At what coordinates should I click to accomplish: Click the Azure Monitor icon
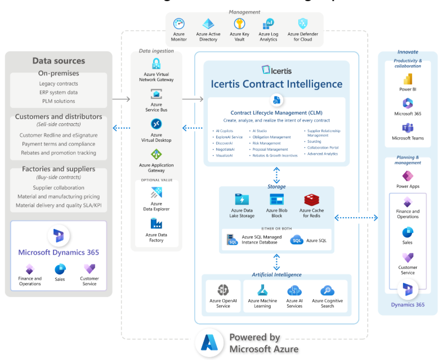coord(179,24)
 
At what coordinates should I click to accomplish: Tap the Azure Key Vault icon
coord(239,24)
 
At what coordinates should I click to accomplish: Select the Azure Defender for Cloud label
coord(302,37)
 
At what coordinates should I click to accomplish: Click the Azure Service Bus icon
coord(156,94)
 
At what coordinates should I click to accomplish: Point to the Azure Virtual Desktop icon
coord(156,124)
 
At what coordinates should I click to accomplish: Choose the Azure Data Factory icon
coord(156,223)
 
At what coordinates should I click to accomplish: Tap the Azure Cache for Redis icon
coord(312,199)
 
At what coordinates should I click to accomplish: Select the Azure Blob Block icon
coord(277,199)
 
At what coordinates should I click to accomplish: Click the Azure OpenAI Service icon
coord(223,290)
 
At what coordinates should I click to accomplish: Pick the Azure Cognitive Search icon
coord(327,290)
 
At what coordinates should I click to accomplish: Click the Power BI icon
coord(408,79)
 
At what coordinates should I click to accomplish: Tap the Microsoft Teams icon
coord(408,127)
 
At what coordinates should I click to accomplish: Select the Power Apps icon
coord(408,175)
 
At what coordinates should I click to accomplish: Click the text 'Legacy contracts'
coord(59,84)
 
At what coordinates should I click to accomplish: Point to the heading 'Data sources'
coord(59,61)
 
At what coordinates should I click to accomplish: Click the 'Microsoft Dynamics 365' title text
coord(59,252)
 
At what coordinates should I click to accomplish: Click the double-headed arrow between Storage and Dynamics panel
coord(356,217)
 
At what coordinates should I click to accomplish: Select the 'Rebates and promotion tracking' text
coord(59,152)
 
